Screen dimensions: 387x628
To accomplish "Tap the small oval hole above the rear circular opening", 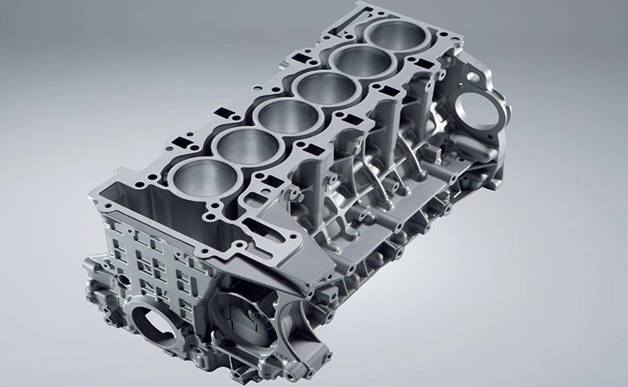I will coord(473,77).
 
